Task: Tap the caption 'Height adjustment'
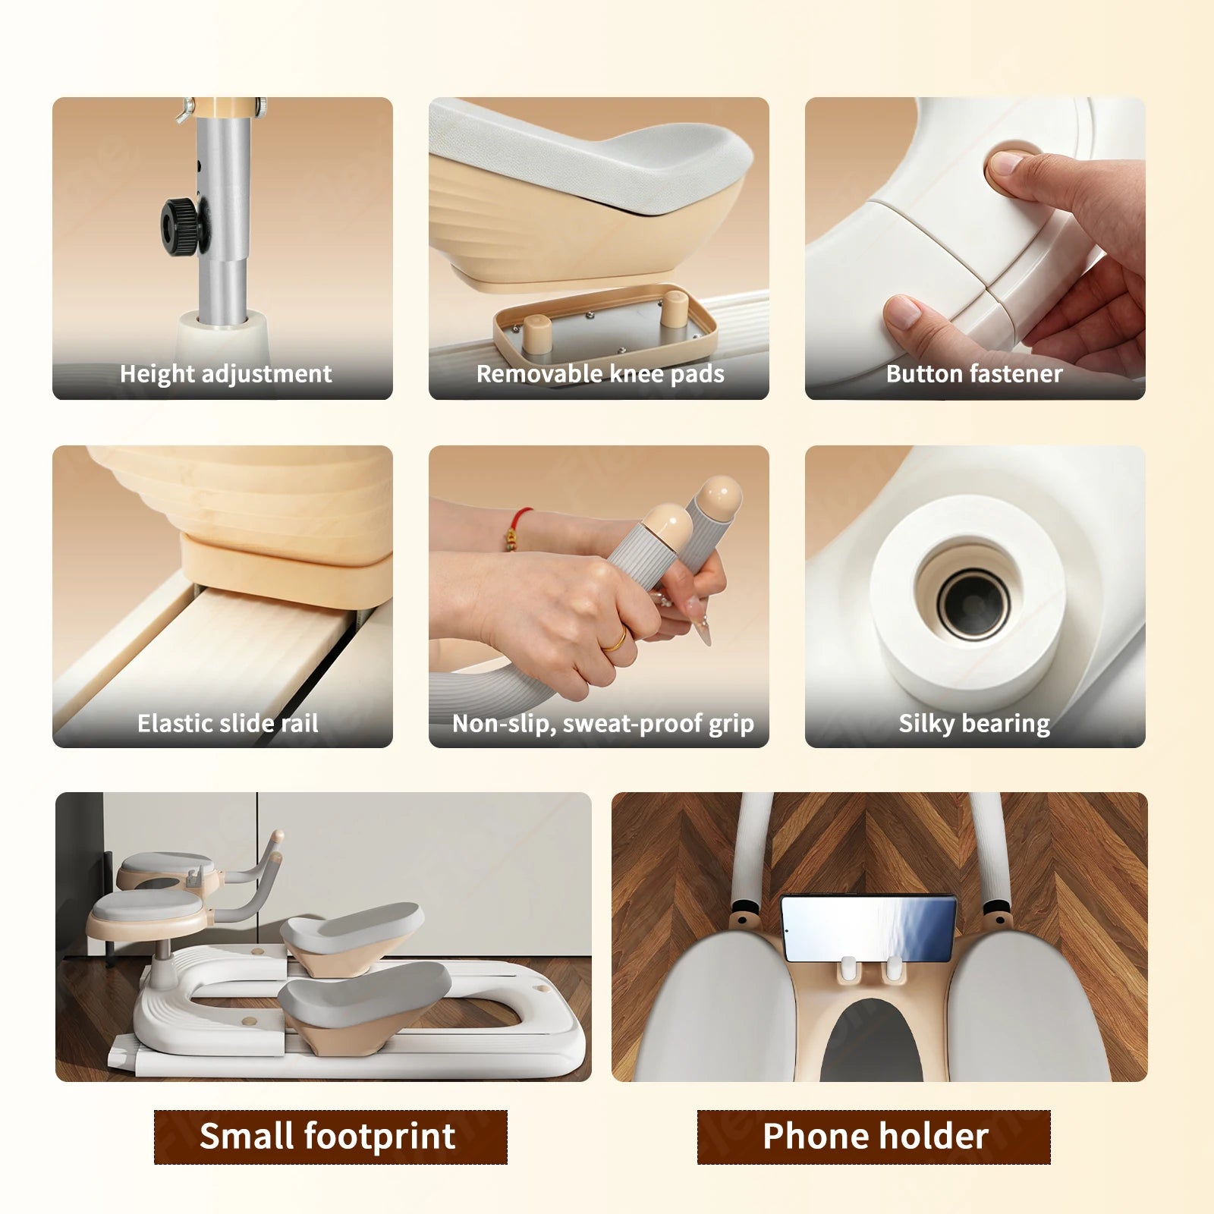(x=225, y=373)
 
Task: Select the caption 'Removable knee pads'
(x=600, y=373)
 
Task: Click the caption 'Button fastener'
(x=974, y=373)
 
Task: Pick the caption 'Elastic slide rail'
(x=228, y=723)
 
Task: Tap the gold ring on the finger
(x=615, y=641)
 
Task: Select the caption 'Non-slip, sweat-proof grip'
(x=603, y=724)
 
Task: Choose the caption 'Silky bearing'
(x=974, y=724)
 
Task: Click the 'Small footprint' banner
(x=330, y=1137)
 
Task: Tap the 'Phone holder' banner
(x=874, y=1137)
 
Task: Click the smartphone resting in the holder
(x=869, y=928)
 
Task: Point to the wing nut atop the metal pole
(x=184, y=112)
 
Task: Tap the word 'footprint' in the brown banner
(x=379, y=1137)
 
